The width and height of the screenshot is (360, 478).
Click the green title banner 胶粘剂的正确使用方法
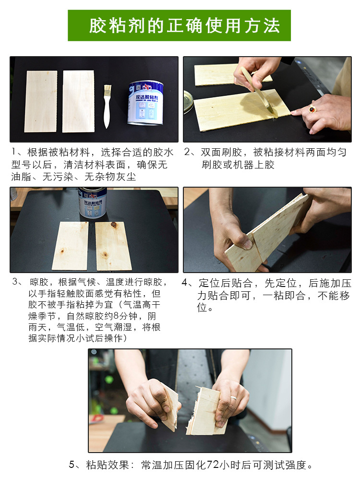click(x=180, y=25)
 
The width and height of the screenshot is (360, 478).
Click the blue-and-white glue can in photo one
click(x=145, y=102)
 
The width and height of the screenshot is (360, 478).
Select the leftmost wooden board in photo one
click(x=41, y=101)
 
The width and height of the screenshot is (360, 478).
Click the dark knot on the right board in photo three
click(x=114, y=225)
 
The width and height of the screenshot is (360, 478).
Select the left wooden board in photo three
click(x=71, y=246)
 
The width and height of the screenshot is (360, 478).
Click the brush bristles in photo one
click(x=107, y=90)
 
